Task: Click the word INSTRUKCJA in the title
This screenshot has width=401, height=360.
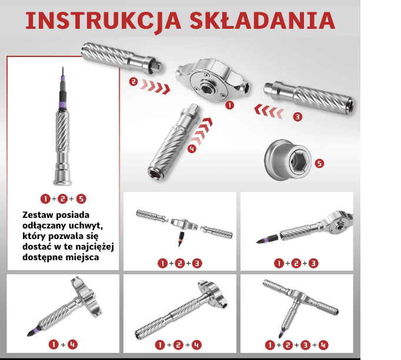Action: [103, 21]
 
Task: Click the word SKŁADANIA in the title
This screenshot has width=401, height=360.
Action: [262, 20]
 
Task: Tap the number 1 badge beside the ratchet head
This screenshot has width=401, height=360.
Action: [229, 105]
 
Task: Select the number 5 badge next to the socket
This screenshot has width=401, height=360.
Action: [319, 163]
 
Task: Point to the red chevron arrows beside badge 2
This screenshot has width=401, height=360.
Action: [155, 86]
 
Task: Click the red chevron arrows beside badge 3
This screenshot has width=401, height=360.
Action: [269, 111]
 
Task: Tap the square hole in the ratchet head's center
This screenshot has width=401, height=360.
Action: [206, 89]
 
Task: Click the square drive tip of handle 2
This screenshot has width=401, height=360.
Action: [158, 66]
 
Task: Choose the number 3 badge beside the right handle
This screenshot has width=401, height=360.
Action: [298, 117]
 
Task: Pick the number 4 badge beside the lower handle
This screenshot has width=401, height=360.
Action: [192, 149]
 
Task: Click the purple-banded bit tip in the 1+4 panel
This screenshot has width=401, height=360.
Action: [34, 331]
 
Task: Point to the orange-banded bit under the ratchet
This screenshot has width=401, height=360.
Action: [181, 238]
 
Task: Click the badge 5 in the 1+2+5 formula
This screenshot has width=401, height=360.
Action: [81, 198]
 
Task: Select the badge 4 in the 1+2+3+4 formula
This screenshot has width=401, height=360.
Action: [323, 345]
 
